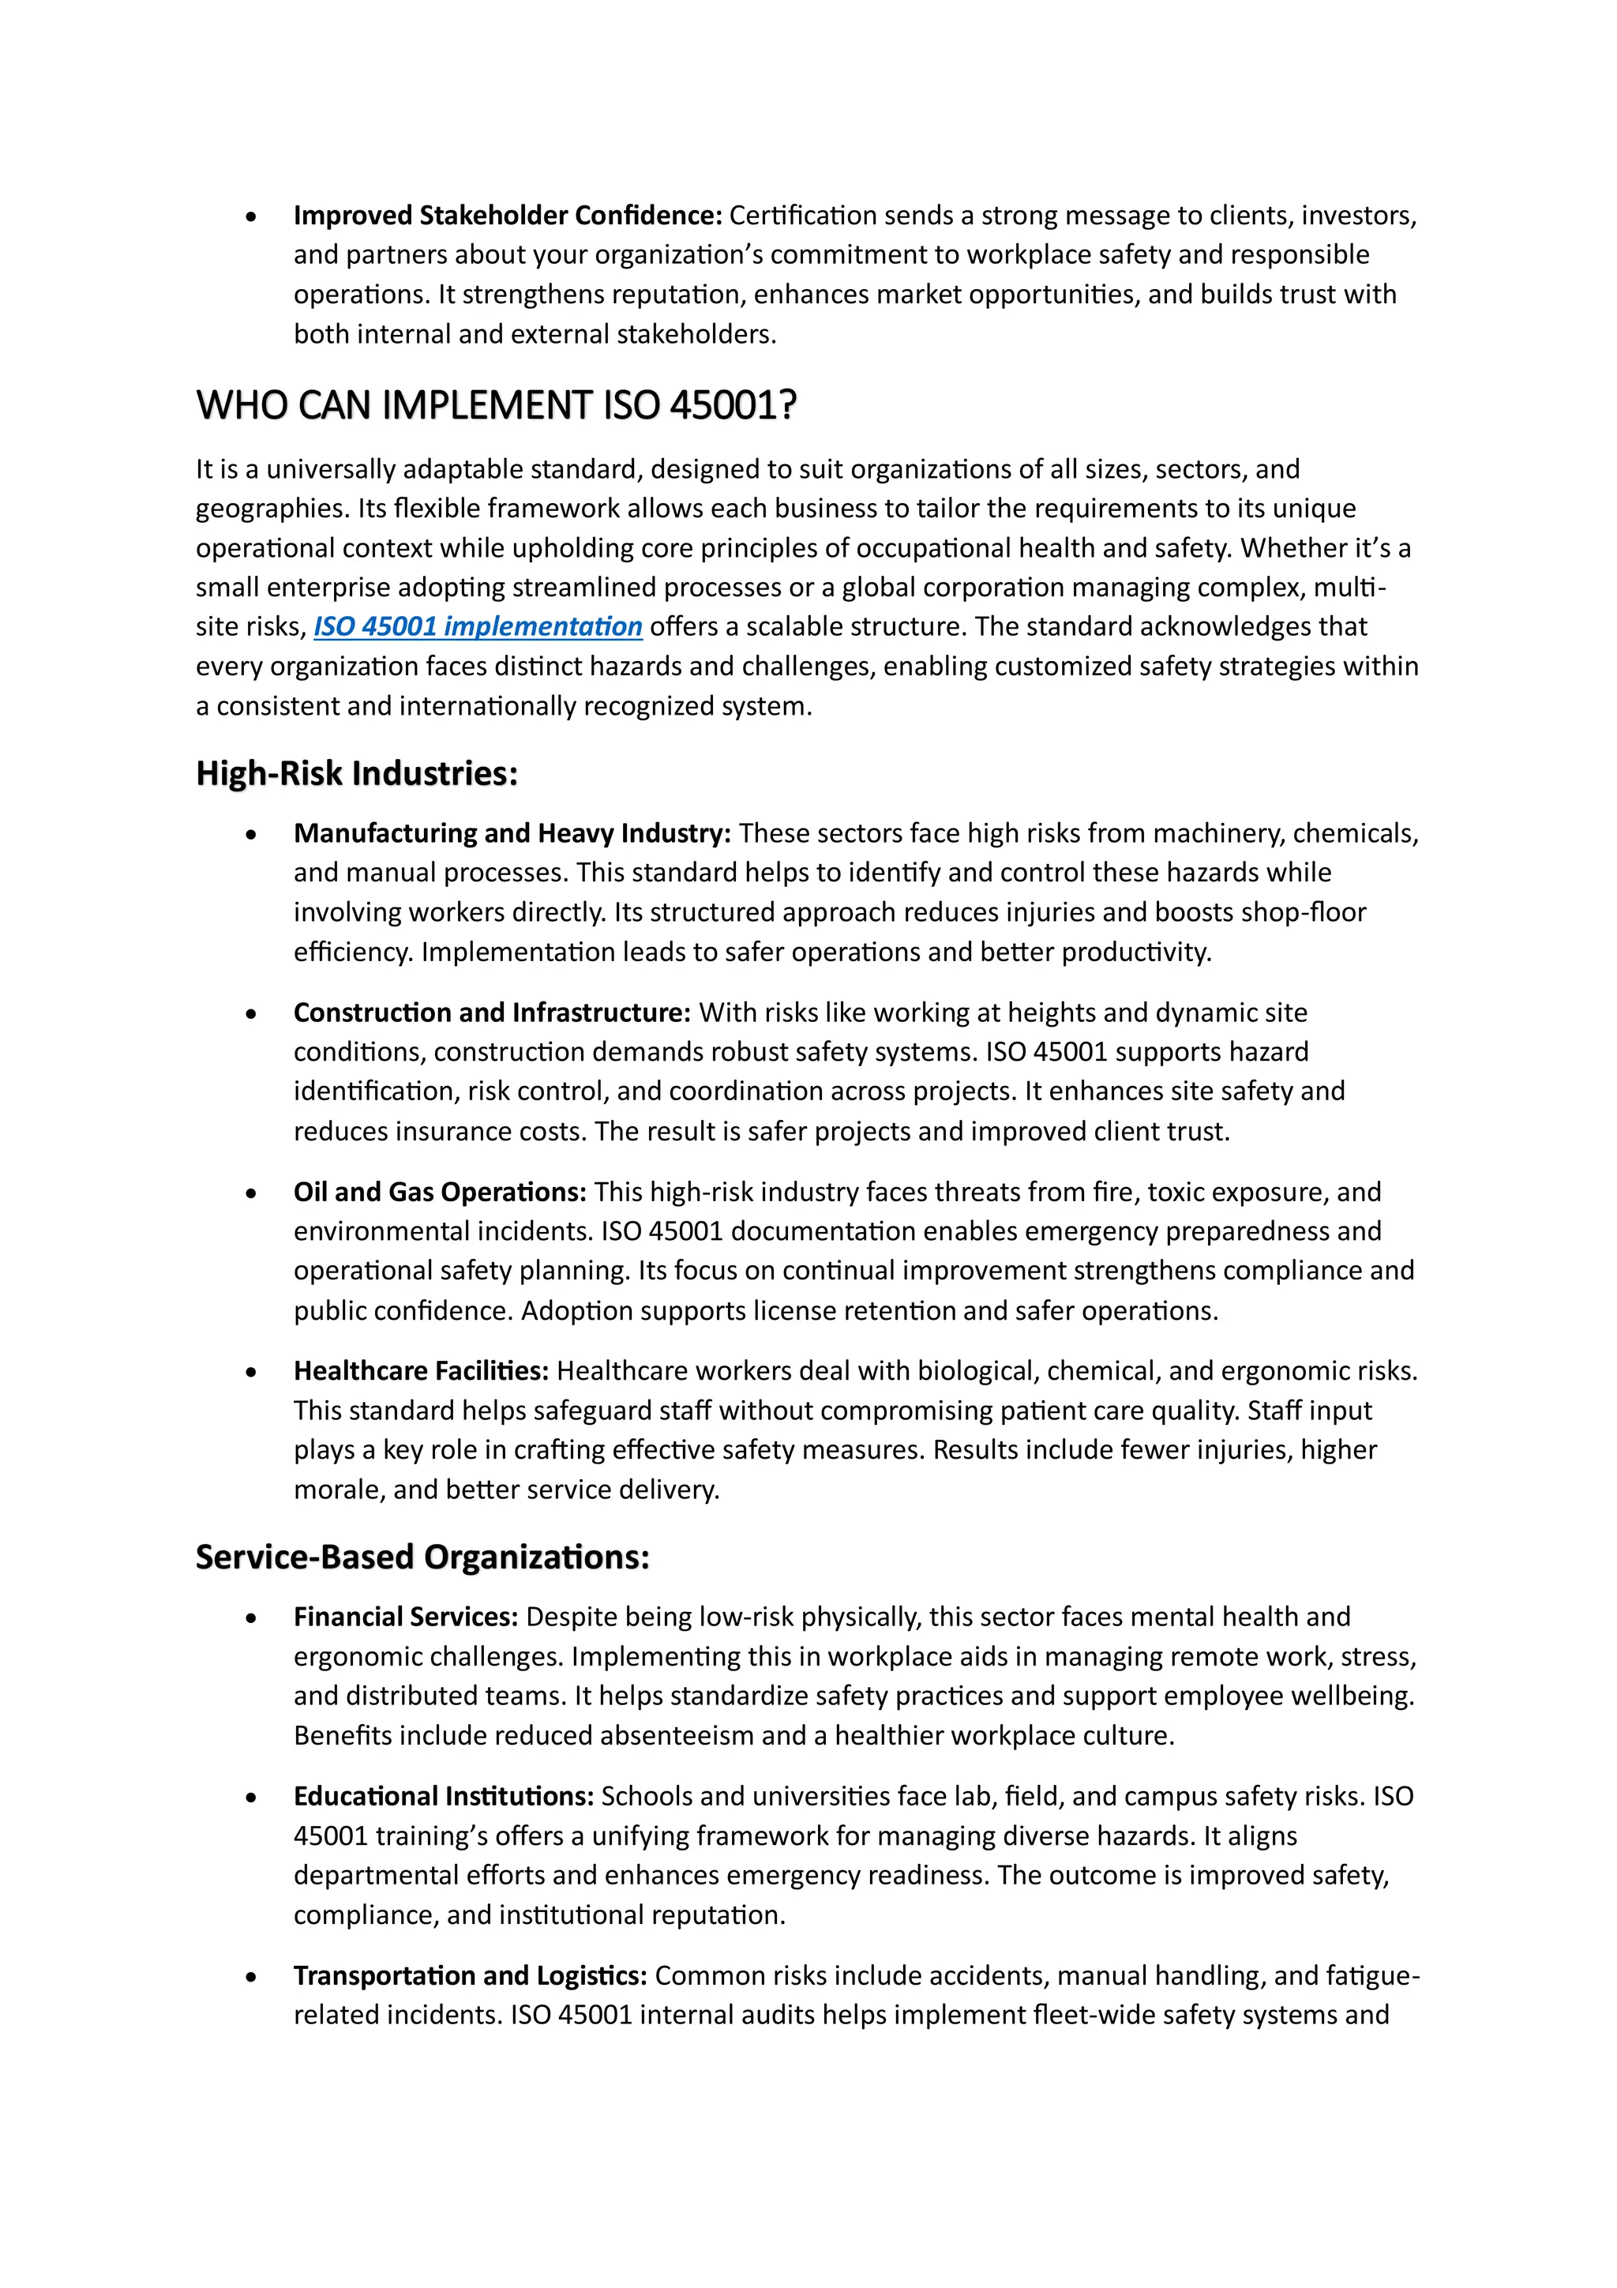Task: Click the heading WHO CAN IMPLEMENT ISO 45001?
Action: tap(496, 406)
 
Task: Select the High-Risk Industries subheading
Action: tap(357, 773)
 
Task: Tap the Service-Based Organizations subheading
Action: tap(422, 1557)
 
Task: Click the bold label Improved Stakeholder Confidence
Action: tap(507, 216)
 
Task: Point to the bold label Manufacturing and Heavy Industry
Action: tap(512, 833)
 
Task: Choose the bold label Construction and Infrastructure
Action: tap(491, 1013)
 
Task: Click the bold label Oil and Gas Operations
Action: tap(439, 1192)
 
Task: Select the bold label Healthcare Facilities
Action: tap(421, 1371)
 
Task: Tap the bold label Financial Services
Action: tap(406, 1617)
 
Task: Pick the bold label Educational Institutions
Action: tap(444, 1796)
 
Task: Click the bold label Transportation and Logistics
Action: tap(471, 1975)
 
